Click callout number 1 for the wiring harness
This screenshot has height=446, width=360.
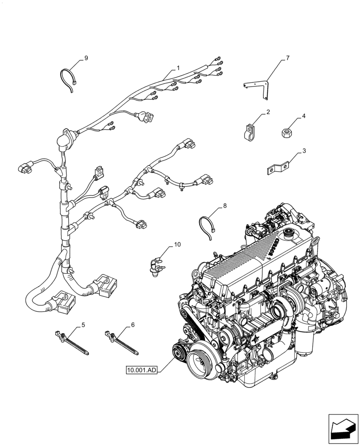[x=178, y=68]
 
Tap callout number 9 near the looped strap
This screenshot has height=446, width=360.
[x=86, y=58]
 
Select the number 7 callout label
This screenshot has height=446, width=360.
[x=288, y=58]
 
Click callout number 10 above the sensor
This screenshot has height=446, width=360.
[x=177, y=244]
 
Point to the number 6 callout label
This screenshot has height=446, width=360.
[x=132, y=325]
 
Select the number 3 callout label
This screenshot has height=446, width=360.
[x=304, y=151]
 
